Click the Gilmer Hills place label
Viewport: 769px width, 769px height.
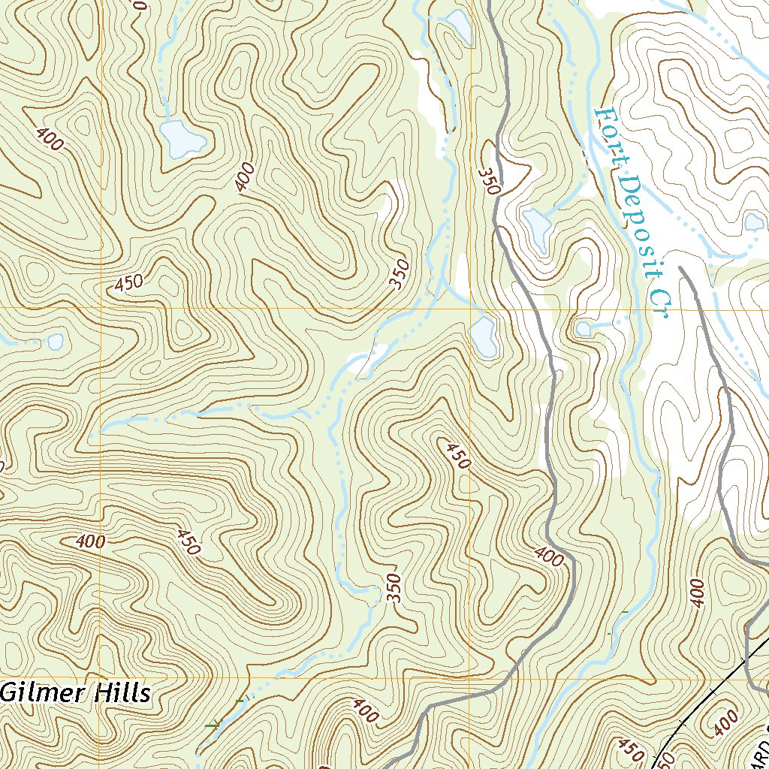(x=75, y=692)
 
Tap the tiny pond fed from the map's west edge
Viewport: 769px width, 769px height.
(x=56, y=342)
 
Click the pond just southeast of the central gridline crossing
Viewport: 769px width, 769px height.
(x=483, y=336)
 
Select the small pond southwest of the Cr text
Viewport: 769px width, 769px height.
(x=584, y=328)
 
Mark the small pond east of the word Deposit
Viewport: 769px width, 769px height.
(x=752, y=222)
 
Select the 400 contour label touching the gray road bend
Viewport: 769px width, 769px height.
(x=549, y=556)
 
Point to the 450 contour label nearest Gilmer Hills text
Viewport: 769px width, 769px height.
(x=188, y=542)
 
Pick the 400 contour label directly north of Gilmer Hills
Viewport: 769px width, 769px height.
(x=90, y=541)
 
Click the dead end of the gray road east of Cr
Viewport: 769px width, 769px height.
(x=680, y=267)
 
